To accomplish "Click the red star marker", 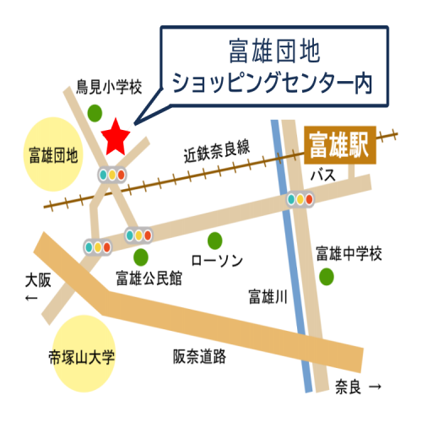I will tap(116, 138).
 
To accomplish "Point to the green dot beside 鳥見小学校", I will tap(95, 111).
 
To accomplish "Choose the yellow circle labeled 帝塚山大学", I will tap(82, 355).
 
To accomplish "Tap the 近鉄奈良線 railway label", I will tap(217, 151).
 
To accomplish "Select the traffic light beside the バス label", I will tap(300, 200).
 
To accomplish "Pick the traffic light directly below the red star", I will tap(111, 176).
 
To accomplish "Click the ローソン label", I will tap(218, 260).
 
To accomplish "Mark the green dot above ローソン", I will tap(216, 239).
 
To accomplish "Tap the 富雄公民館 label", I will tap(149, 278).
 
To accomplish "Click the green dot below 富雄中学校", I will tap(326, 276).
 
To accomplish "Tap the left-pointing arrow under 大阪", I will tap(31, 300).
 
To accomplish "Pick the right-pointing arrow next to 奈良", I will tap(376, 387).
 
